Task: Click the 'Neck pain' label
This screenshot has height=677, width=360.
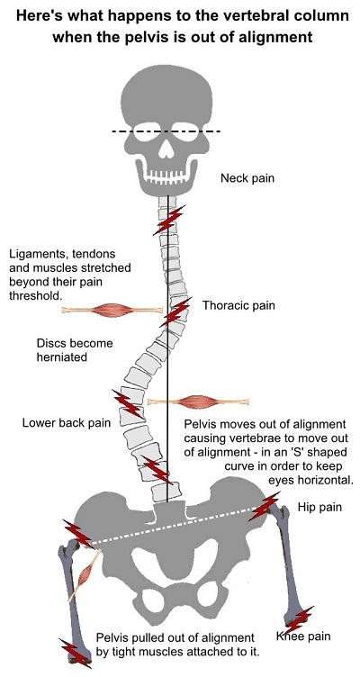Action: tap(247, 178)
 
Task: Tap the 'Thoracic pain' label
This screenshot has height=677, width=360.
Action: tap(238, 306)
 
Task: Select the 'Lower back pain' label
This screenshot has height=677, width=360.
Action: tap(67, 423)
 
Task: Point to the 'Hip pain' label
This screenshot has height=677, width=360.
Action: tap(319, 507)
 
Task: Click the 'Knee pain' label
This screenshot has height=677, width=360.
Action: tap(303, 636)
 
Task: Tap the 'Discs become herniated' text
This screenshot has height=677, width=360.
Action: tap(75, 350)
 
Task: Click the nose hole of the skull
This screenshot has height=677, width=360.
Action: tap(166, 148)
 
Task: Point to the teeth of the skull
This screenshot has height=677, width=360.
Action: tap(166, 177)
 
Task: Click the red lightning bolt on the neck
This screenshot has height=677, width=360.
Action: tap(168, 221)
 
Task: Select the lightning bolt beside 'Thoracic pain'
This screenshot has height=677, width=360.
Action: tap(175, 312)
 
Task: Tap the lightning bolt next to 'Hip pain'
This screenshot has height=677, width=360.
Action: tap(264, 506)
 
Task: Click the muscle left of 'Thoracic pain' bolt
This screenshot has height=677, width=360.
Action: tap(112, 310)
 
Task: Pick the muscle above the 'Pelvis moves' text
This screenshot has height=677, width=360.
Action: tap(198, 402)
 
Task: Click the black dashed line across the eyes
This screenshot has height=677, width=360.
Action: tap(166, 131)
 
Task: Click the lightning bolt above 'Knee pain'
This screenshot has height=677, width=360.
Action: tap(298, 620)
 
